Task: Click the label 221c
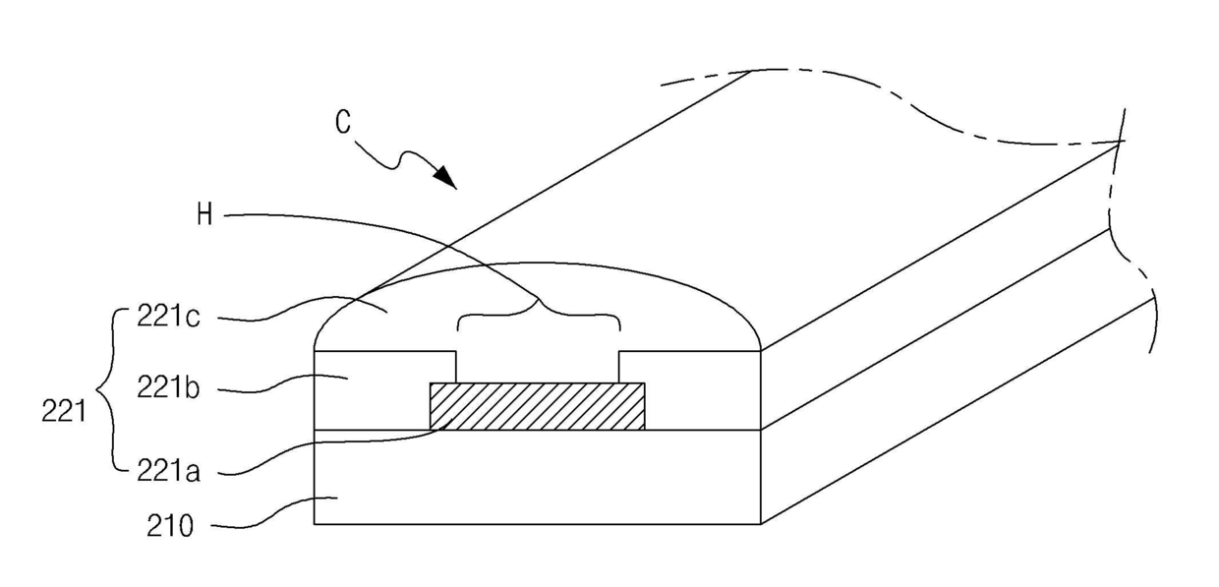click(172, 319)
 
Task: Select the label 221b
click(170, 389)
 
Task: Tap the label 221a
click(170, 473)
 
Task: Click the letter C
click(342, 123)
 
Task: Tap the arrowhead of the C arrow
click(448, 179)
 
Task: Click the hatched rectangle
click(538, 406)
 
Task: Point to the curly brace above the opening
click(538, 314)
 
